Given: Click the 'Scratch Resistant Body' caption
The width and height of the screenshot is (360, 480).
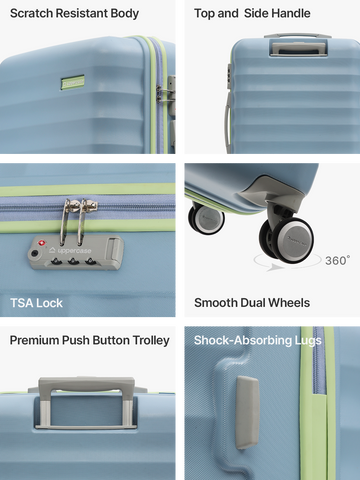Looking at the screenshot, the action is pyautogui.click(x=74, y=14).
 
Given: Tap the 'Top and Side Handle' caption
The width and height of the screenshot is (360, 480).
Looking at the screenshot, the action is pyautogui.click(x=252, y=13).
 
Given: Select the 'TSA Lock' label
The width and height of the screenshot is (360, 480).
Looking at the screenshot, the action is pyautogui.click(x=36, y=303).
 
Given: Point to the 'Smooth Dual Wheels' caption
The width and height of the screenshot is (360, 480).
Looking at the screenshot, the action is pyautogui.click(x=252, y=303).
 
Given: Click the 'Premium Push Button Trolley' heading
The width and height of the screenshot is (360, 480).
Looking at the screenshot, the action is pyautogui.click(x=90, y=340).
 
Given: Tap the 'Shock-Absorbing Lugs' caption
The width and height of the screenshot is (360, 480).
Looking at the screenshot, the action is pyautogui.click(x=258, y=340).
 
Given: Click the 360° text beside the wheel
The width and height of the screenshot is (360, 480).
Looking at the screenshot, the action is pyautogui.click(x=337, y=260).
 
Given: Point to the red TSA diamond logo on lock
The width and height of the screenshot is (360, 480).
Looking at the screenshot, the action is pyautogui.click(x=41, y=243).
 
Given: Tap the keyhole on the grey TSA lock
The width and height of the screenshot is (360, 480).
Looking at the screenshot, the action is pyautogui.click(x=34, y=254).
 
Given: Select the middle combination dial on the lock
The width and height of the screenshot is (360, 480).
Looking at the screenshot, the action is pyautogui.click(x=74, y=262).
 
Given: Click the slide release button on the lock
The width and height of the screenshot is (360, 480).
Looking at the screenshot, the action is pyautogui.click(x=114, y=249).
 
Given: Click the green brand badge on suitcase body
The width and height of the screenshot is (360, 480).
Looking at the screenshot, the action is pyautogui.click(x=72, y=82).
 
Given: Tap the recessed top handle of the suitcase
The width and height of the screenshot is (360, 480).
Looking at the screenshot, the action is pyautogui.click(x=298, y=48).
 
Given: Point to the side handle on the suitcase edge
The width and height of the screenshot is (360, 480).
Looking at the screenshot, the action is pyautogui.click(x=228, y=122).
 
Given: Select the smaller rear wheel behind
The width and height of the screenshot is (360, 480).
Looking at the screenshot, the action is pyautogui.click(x=207, y=218).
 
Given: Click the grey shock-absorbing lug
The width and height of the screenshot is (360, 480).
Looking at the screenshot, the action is pyautogui.click(x=247, y=412).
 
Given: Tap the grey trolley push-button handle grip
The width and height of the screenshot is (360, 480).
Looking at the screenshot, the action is pyautogui.click(x=87, y=383).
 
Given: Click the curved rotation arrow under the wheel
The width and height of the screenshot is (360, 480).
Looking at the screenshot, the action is pyautogui.click(x=287, y=263).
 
